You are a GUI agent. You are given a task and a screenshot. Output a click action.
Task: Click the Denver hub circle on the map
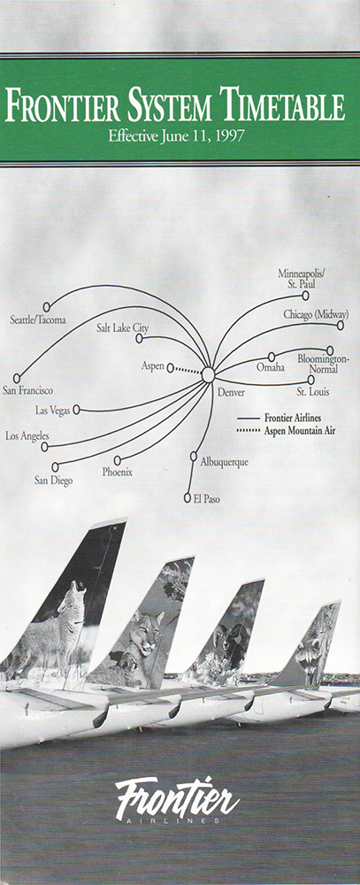[x=208, y=374]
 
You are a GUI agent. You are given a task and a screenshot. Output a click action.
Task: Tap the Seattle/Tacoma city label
[x=38, y=320]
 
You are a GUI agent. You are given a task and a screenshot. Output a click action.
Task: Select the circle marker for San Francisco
[x=17, y=378]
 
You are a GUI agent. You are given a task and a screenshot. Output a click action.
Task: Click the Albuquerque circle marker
[x=194, y=456]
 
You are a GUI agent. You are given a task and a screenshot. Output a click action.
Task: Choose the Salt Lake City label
[x=122, y=327]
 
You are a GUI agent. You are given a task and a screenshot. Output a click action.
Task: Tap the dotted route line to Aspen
[x=187, y=370]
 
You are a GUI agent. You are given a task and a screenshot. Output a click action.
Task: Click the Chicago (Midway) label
[x=316, y=315]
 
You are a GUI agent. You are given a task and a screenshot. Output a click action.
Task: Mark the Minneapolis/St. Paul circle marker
[x=305, y=296]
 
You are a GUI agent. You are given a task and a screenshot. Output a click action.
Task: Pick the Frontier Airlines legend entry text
[x=293, y=419]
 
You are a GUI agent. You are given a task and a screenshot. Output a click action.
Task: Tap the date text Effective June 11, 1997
[x=178, y=136]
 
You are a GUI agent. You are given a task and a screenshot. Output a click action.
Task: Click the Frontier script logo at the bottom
[x=177, y=799]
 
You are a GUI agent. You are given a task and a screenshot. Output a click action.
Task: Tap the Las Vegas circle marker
[x=76, y=410]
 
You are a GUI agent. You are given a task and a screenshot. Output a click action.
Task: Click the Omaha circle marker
[x=272, y=357]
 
